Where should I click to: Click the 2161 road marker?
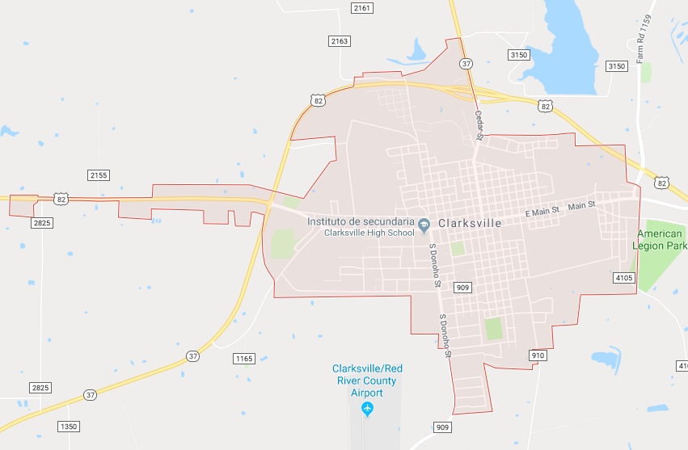(362, 8)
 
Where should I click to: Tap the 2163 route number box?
(340, 40)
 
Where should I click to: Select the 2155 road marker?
(99, 175)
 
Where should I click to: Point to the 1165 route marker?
(243, 358)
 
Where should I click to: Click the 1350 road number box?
(70, 426)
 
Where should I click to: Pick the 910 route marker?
(538, 355)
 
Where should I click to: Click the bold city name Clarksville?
(470, 222)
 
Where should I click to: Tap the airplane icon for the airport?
(368, 408)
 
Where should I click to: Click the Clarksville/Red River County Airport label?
(367, 380)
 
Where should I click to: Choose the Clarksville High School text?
(369, 233)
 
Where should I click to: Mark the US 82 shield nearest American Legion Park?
(662, 183)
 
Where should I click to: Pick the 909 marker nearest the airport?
(441, 427)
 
